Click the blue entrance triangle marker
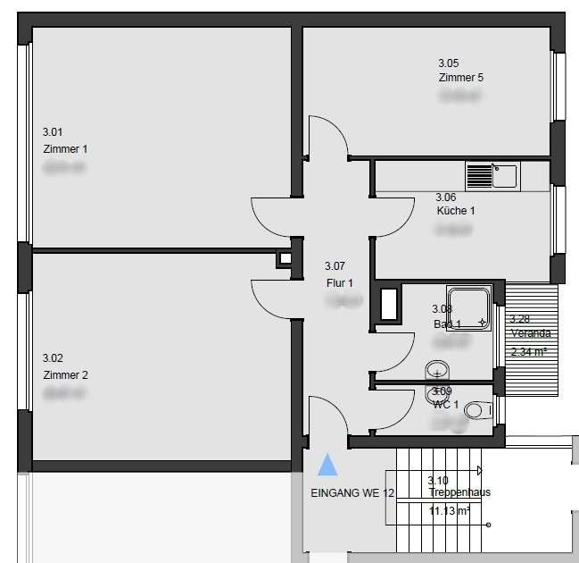(x=328, y=464)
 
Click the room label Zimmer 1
(x=65, y=149)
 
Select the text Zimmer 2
(x=65, y=375)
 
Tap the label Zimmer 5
(x=461, y=78)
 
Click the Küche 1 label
(x=455, y=211)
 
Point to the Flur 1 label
(x=340, y=283)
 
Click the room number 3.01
(x=54, y=131)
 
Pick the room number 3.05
(x=448, y=63)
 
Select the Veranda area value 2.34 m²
(x=528, y=351)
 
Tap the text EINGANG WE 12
(x=352, y=493)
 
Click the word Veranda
(x=530, y=333)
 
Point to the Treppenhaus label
(x=459, y=492)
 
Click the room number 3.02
(x=54, y=357)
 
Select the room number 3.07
(x=335, y=266)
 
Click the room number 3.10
(x=437, y=480)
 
